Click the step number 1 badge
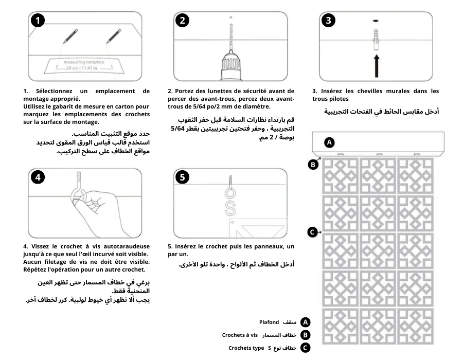click(x=37, y=21)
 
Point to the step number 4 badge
click(x=37, y=177)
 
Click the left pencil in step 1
click(x=69, y=35)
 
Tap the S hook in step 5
click(x=231, y=205)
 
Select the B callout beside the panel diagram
click(x=312, y=165)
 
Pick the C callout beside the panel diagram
click(x=312, y=232)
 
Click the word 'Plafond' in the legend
click(x=269, y=322)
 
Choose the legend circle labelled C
click(x=305, y=348)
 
